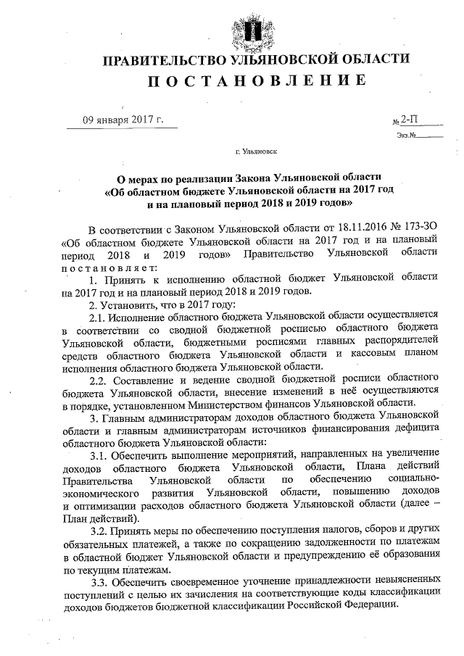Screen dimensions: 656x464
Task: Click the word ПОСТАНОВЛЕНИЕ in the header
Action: pyautogui.click(x=257, y=80)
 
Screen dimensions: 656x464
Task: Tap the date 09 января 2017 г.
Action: pyautogui.click(x=122, y=120)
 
